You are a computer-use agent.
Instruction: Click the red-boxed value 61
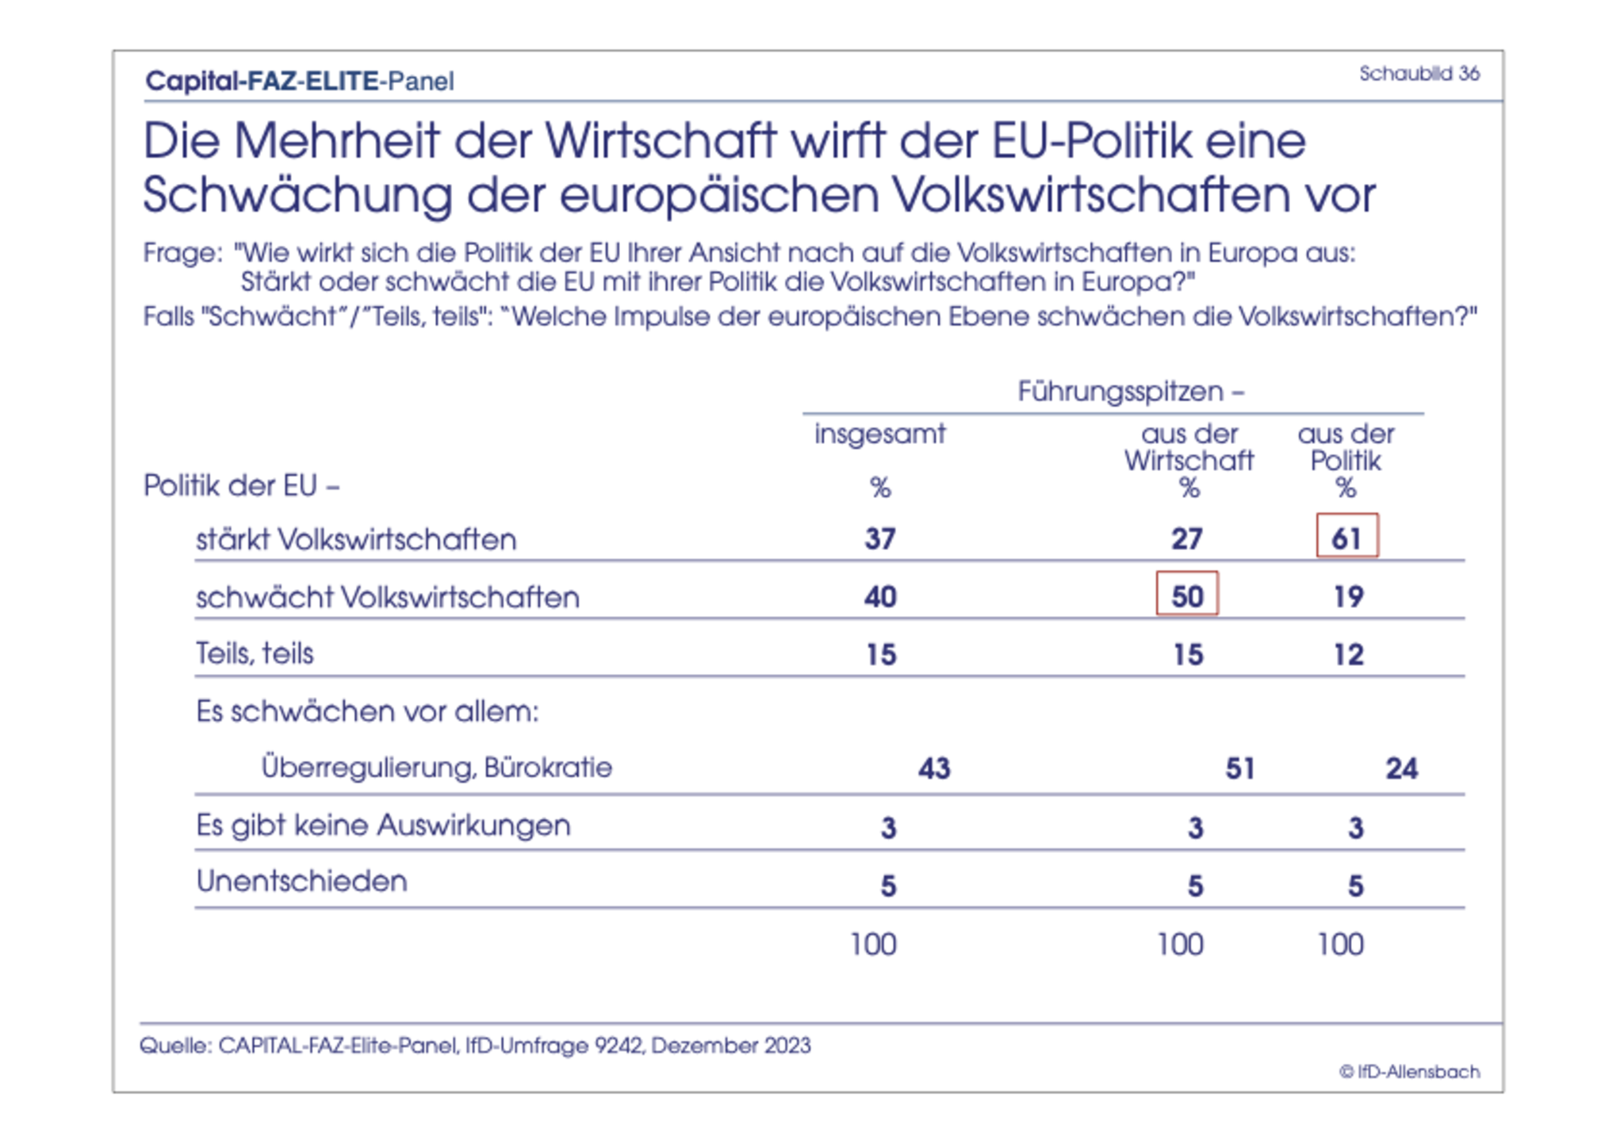tap(1346, 538)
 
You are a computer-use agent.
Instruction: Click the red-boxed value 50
tap(1187, 595)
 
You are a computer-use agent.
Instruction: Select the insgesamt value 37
tap(880, 539)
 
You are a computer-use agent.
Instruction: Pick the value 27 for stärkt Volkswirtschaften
tap(1187, 539)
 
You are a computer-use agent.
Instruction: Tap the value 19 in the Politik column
tap(1348, 596)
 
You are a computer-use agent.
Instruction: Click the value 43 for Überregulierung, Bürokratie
tap(934, 767)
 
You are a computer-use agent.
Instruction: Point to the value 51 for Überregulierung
tap(1240, 767)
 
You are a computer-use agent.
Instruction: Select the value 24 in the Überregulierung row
tap(1401, 767)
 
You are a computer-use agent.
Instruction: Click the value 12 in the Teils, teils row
tap(1348, 654)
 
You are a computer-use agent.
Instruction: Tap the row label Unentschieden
tap(301, 881)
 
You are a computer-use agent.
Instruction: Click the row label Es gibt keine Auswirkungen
tap(383, 825)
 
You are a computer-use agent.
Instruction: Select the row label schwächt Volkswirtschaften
tap(387, 597)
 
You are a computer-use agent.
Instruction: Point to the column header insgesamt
tap(880, 434)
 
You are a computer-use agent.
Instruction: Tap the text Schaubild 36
tap(1419, 74)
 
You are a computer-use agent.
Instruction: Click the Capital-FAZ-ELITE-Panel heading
tap(299, 81)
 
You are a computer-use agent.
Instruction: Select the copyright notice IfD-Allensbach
tap(1409, 1072)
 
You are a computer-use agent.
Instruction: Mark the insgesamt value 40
tap(880, 596)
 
